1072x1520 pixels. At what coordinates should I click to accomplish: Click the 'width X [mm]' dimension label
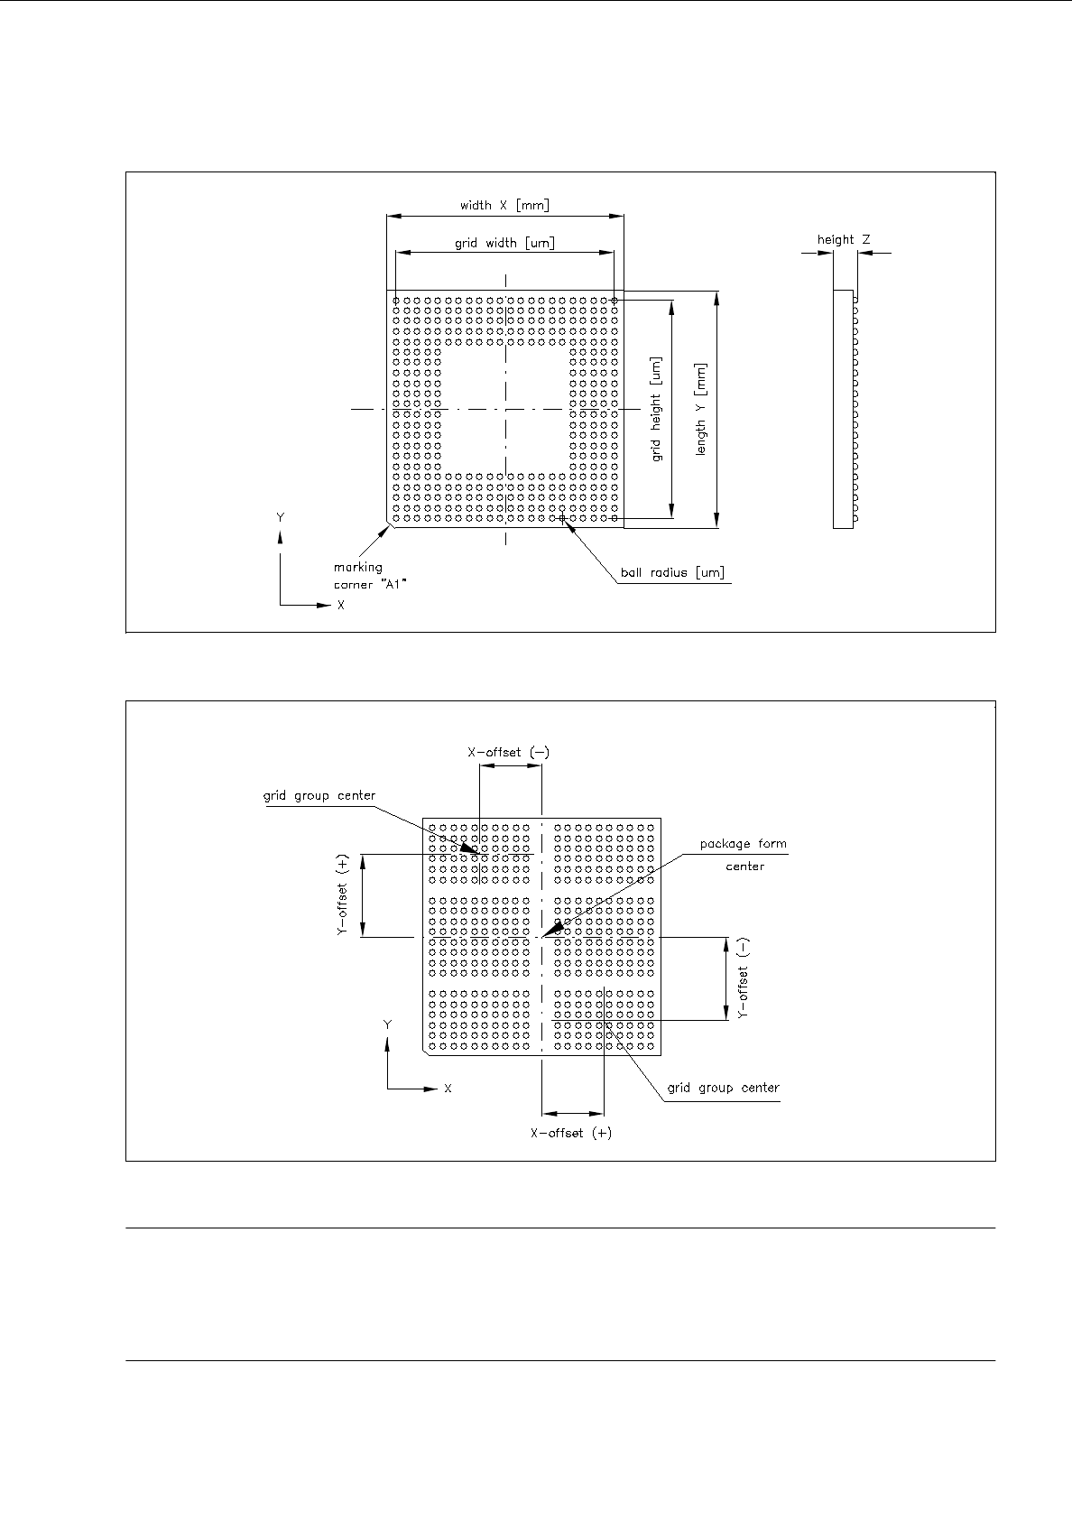pyautogui.click(x=504, y=206)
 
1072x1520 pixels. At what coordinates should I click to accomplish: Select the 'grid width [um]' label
pyautogui.click(x=504, y=243)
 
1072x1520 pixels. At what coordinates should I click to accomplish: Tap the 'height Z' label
pyautogui.click(x=844, y=240)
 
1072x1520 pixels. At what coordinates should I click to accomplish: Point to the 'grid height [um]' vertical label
pyautogui.click(x=656, y=409)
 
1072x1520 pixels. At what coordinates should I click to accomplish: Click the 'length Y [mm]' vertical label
pyautogui.click(x=701, y=409)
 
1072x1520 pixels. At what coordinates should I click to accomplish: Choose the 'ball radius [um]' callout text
pyautogui.click(x=672, y=572)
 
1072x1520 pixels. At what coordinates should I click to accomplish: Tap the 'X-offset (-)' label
pyautogui.click(x=508, y=753)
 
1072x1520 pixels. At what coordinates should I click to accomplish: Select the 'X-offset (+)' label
pyautogui.click(x=570, y=1133)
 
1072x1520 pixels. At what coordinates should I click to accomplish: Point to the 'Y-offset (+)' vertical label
pyautogui.click(x=343, y=895)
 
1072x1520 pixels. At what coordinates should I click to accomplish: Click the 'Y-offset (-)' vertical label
pyautogui.click(x=744, y=979)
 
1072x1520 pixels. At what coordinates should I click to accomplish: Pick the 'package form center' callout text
pyautogui.click(x=744, y=855)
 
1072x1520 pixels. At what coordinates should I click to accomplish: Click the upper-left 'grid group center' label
pyautogui.click(x=319, y=796)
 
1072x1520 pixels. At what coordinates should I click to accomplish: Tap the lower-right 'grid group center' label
pyautogui.click(x=723, y=1088)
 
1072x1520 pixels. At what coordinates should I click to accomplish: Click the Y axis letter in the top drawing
pyautogui.click(x=281, y=518)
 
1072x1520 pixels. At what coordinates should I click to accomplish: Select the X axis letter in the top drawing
pyautogui.click(x=341, y=606)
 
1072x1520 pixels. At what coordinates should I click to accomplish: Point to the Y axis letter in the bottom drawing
pyautogui.click(x=387, y=1025)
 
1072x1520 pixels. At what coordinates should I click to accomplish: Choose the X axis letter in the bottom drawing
pyautogui.click(x=448, y=1089)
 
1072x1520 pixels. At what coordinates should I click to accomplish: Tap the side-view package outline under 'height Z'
pyautogui.click(x=843, y=409)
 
